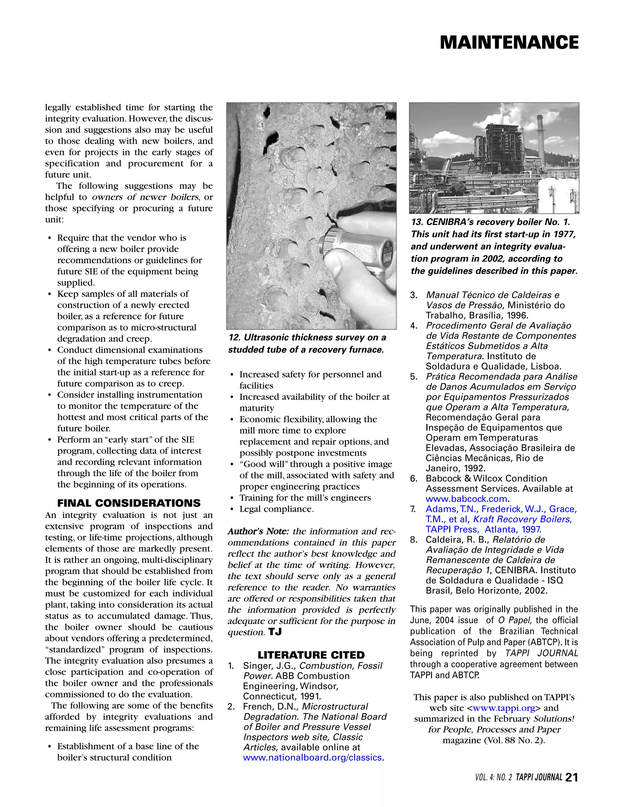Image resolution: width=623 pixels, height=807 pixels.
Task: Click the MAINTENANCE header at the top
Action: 509,43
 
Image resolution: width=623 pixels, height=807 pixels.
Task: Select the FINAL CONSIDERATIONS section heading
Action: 129,503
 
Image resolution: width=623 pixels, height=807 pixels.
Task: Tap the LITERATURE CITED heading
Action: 311,655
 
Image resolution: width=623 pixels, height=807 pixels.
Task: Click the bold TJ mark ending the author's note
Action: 275,632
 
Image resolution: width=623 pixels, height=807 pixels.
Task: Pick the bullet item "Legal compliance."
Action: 276,509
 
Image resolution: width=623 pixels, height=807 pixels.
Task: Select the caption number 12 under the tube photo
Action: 234,337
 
